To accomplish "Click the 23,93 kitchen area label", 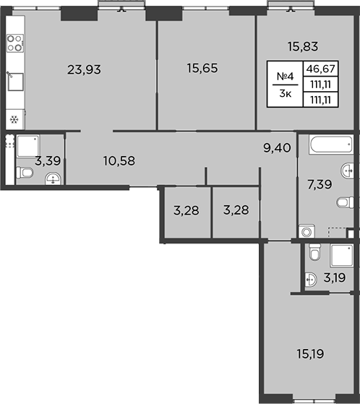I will (x=83, y=70).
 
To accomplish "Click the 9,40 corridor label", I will (x=277, y=149).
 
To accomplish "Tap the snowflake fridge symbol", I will (x=14, y=119).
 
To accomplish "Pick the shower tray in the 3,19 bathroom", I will (x=337, y=256).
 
